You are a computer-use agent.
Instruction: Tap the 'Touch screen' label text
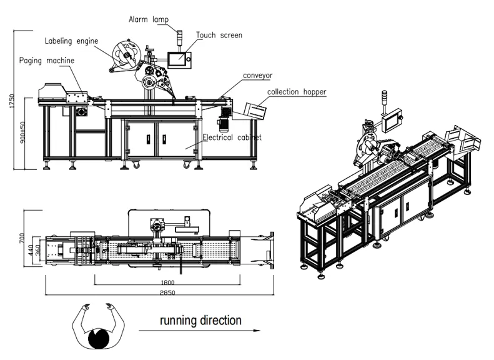click(219, 35)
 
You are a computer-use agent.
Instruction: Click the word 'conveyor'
click(259, 75)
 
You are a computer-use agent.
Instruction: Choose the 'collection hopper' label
click(297, 92)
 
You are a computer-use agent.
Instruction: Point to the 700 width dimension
click(21, 238)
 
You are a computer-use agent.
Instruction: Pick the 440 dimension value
click(29, 248)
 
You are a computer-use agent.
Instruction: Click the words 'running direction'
click(200, 321)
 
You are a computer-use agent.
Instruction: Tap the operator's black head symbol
click(99, 340)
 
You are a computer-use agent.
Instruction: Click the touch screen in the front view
click(179, 59)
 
